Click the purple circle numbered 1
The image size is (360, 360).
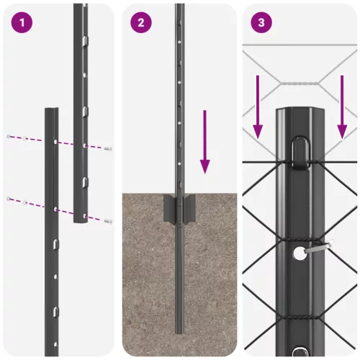(22, 22)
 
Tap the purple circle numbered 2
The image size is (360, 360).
(141, 22)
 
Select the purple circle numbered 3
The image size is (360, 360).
(261, 22)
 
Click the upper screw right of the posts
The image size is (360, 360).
(108, 148)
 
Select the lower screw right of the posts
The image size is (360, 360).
(108, 220)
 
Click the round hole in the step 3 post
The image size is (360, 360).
(299, 253)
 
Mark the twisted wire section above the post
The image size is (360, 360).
(299, 84)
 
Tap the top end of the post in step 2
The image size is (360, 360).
(179, 6)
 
